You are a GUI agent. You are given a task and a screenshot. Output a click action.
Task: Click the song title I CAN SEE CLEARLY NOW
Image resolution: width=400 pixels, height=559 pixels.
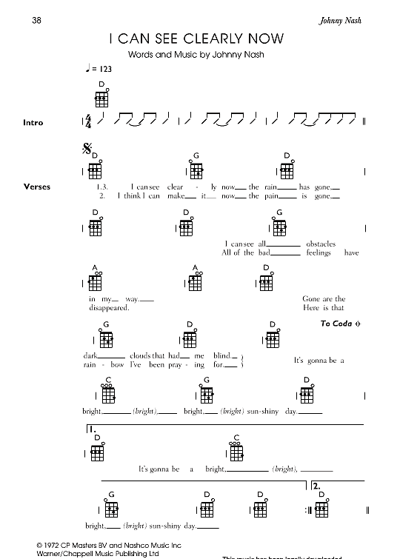(196, 39)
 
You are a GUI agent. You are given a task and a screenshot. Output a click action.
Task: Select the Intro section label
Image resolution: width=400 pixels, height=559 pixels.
(33, 122)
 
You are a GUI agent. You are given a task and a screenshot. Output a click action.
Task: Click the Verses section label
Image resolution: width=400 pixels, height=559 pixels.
(36, 187)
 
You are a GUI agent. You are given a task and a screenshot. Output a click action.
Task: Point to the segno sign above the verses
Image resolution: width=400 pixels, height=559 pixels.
(85, 150)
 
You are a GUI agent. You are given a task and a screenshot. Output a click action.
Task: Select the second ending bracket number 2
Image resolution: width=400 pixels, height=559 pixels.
(316, 486)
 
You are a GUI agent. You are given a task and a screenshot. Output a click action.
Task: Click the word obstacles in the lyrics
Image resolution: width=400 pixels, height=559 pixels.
(320, 243)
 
